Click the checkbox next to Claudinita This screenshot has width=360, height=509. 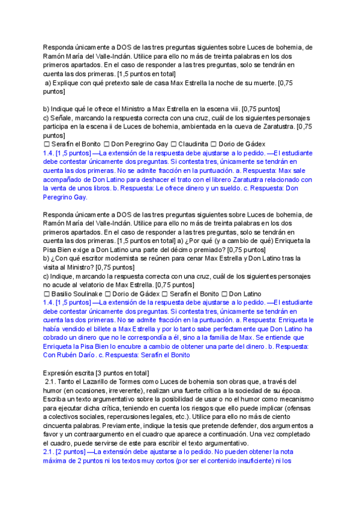point(173,145)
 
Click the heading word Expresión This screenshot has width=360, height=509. point(61,373)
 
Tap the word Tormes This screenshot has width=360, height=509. point(146,382)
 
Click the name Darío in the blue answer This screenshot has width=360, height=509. point(85,355)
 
